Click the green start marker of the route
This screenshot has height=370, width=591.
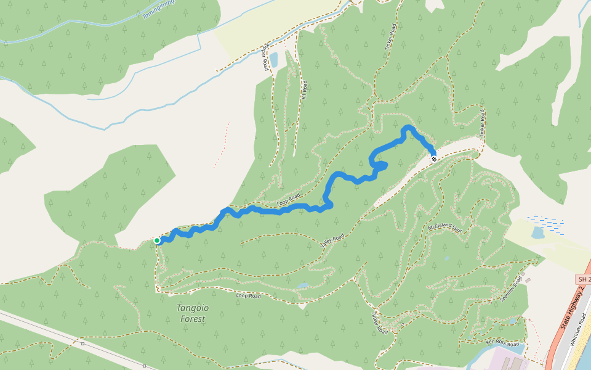click(x=157, y=240)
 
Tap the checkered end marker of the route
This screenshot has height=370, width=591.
click(x=434, y=159)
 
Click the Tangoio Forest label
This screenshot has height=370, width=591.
click(x=191, y=313)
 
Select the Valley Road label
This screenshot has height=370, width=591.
click(x=332, y=240)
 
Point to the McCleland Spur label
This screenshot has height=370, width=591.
click(x=444, y=223)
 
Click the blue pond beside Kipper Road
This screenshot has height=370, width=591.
click(x=273, y=59)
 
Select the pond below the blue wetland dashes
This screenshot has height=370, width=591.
click(x=538, y=233)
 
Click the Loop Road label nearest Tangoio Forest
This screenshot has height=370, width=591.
click(x=249, y=296)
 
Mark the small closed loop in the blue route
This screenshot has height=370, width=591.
click(x=380, y=165)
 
